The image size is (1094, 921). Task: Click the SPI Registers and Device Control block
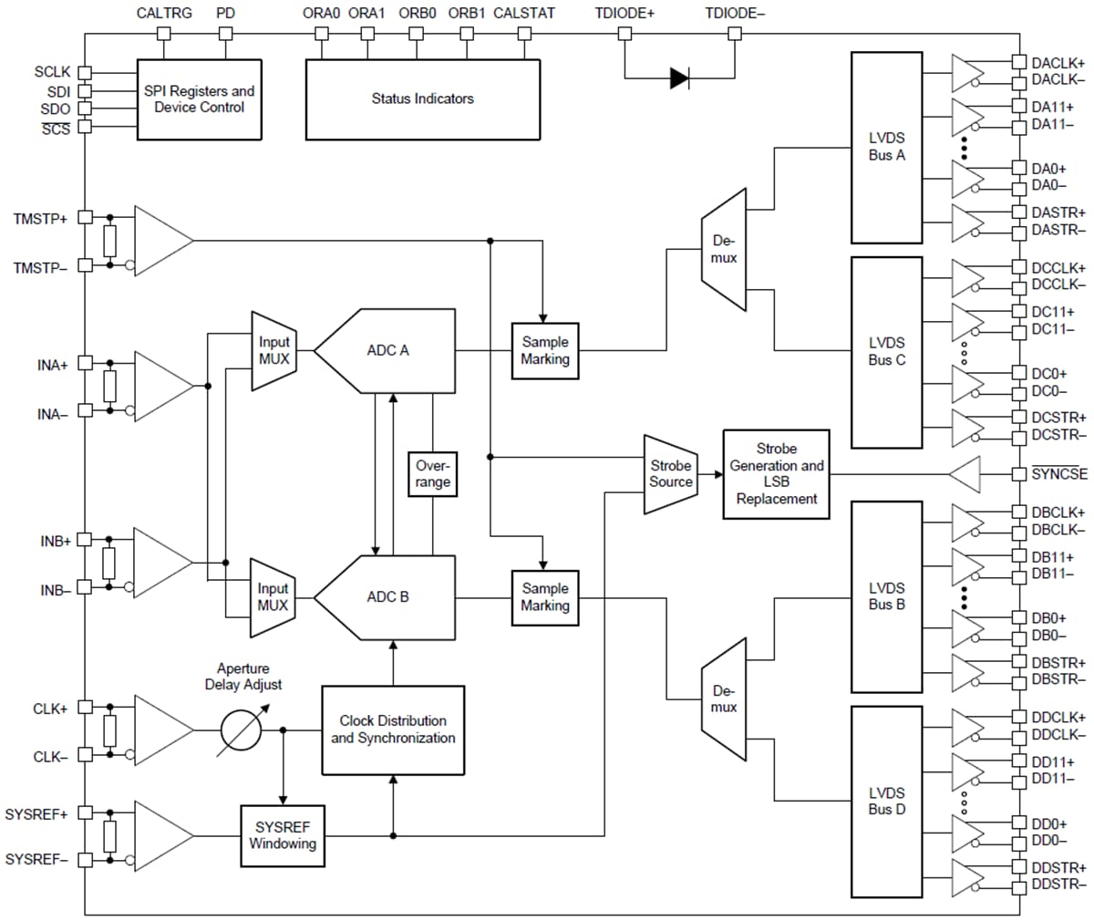pos(199,99)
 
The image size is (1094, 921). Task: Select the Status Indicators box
pos(422,99)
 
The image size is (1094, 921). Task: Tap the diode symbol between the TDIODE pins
pos(679,78)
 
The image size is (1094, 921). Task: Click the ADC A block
pos(387,350)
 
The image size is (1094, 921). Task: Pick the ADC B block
pos(387,597)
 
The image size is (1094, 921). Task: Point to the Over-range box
pos(432,474)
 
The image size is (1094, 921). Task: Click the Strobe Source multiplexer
pos(671,474)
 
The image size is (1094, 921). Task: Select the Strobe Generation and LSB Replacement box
pos(776,474)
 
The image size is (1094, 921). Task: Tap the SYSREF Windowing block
pos(283,835)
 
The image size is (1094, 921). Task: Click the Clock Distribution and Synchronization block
pos(393,730)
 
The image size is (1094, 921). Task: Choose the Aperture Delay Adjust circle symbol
pos(242,730)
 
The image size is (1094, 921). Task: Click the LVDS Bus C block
pos(886,351)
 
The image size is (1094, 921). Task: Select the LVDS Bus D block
pos(886,802)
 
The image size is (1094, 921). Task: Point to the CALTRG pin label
pos(164,14)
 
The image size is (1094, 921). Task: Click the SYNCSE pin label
pos(1059,474)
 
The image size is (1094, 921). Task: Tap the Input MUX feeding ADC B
pos(273,597)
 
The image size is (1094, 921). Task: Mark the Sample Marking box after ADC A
pos(545,351)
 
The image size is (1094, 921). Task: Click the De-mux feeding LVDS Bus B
pos(724,699)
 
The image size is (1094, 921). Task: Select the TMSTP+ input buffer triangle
pos(161,241)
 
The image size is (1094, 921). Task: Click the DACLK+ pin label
pos(1058,63)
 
